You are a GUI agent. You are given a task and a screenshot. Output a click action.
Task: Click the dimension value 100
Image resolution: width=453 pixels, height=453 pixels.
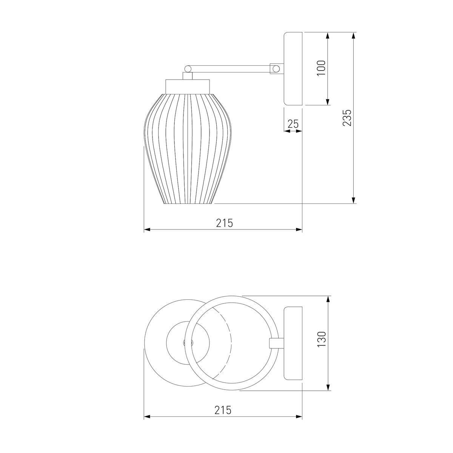click(321, 68)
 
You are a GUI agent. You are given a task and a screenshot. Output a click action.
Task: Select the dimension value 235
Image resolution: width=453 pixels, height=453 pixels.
click(347, 117)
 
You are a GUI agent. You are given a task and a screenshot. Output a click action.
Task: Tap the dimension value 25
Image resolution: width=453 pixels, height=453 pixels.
click(293, 124)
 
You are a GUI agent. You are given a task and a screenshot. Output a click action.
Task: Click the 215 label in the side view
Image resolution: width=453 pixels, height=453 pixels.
click(225, 223)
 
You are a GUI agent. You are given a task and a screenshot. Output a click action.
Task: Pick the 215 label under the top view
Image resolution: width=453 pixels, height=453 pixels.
click(223, 410)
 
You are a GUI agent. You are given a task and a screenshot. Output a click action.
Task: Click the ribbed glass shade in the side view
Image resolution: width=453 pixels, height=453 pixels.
click(188, 149)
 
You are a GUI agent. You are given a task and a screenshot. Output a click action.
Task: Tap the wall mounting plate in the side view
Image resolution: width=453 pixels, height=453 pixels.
click(293, 68)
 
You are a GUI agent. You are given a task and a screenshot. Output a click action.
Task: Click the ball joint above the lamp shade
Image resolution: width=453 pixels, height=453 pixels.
click(188, 69)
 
